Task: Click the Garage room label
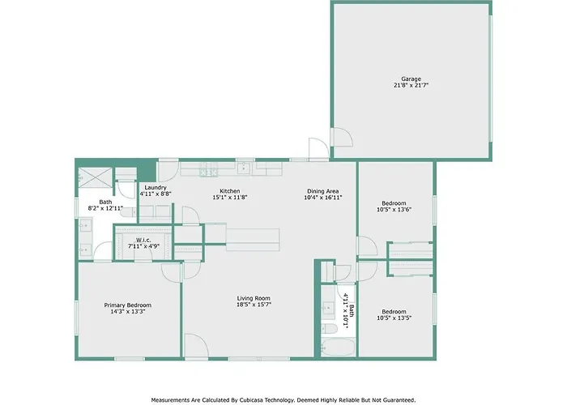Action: pos(411,79)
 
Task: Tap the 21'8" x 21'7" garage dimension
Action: pos(411,86)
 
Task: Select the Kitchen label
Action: pos(229,191)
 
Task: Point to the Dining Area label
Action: pos(323,191)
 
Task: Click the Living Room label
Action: pos(254,298)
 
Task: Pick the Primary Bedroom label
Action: pos(128,305)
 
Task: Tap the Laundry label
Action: pos(156,187)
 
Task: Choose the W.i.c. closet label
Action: pos(143,240)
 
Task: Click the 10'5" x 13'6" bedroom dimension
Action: pos(394,209)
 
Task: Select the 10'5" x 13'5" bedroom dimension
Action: pos(394,318)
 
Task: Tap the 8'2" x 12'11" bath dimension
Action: pos(105,208)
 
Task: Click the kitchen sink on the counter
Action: pos(244,168)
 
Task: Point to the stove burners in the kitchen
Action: pos(208,169)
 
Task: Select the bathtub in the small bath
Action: pos(338,347)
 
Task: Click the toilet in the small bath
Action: pos(330,329)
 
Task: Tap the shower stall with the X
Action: pos(96,177)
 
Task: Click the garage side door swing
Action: pos(343,138)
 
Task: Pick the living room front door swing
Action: pos(196,345)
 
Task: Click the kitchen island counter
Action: pos(253,240)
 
